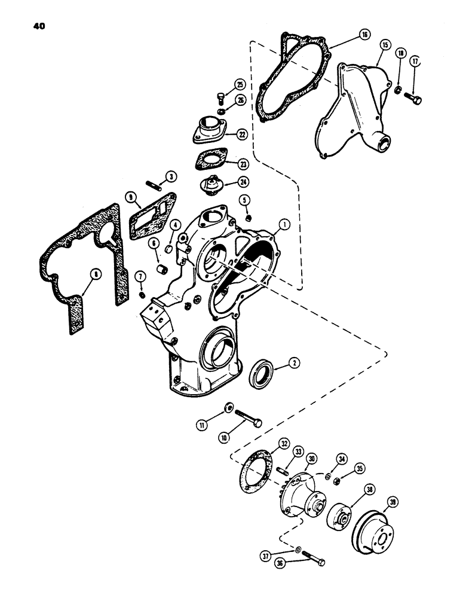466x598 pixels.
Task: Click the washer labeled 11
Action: click(x=228, y=408)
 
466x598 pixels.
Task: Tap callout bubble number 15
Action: click(x=384, y=45)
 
